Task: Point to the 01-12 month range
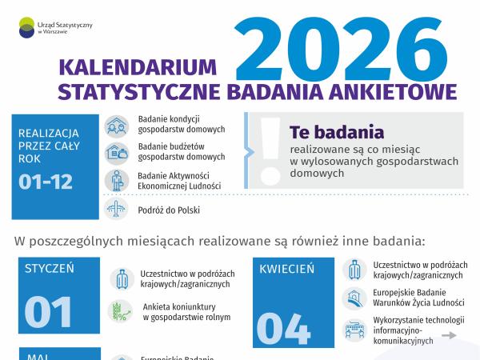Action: pyautogui.click(x=46, y=182)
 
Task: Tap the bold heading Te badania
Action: pyautogui.click(x=337, y=130)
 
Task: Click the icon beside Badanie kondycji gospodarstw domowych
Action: pyautogui.click(x=117, y=126)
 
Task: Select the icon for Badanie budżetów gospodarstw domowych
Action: pyautogui.click(x=117, y=152)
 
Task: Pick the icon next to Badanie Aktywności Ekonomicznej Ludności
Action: pyautogui.click(x=117, y=180)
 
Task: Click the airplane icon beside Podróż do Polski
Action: pyautogui.click(x=117, y=209)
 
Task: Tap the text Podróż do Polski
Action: pyautogui.click(x=169, y=210)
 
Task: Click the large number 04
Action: pyautogui.click(x=283, y=327)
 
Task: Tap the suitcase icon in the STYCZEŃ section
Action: pyautogui.click(x=121, y=278)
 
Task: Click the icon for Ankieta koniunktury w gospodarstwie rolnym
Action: pyautogui.click(x=121, y=310)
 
